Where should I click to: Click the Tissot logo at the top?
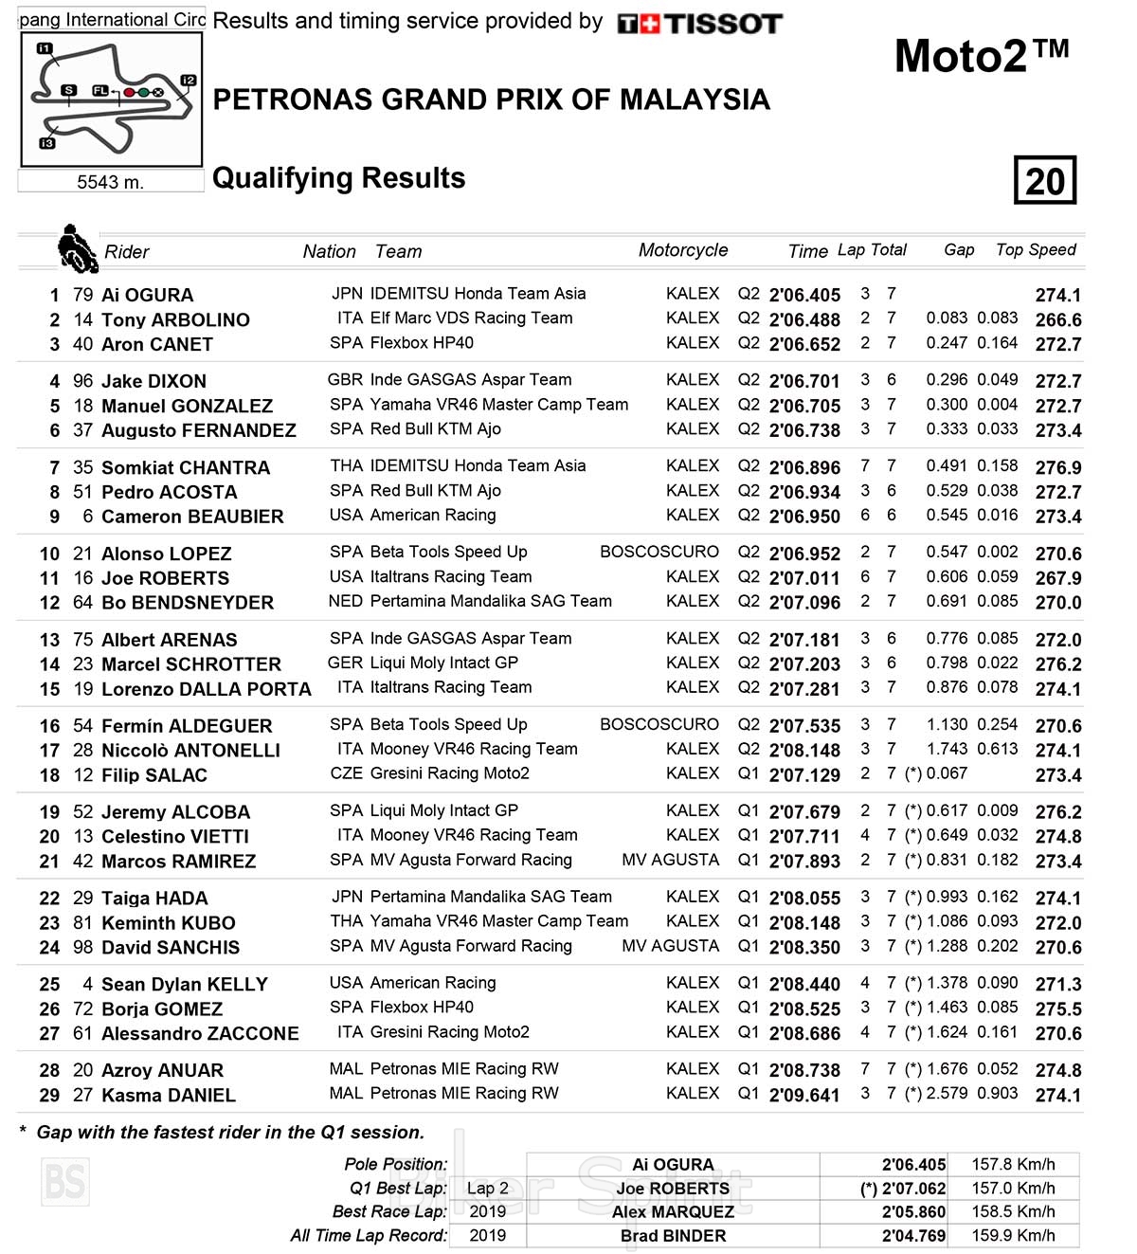699,24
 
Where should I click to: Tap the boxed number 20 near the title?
1045,180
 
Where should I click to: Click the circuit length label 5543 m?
111,182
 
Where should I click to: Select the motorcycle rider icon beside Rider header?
77,248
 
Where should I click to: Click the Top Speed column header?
1036,249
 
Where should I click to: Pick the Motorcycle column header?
683,249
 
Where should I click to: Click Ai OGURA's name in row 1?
147,295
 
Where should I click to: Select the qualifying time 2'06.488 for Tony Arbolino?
804,319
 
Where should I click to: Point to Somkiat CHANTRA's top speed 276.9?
1058,467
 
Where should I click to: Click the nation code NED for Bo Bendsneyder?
346,601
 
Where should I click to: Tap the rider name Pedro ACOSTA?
169,492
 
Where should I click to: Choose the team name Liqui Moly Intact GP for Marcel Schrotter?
443,663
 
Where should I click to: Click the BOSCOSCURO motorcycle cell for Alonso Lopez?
659,552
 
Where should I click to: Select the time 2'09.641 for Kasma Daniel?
804,1095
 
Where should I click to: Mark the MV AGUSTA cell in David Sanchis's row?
670,946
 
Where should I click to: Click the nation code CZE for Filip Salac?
346,773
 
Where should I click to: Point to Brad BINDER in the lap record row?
673,1235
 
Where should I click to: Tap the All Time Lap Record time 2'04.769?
913,1235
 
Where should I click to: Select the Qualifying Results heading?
339,178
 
